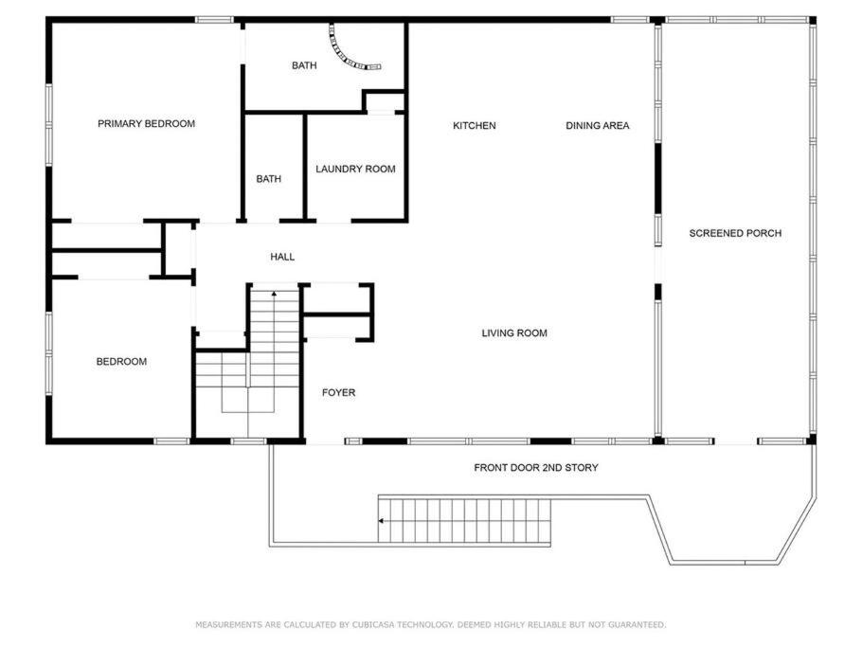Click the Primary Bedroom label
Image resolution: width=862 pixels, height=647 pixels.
click(146, 124)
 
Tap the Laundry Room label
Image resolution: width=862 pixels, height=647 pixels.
click(355, 169)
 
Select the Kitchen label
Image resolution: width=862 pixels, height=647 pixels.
click(475, 126)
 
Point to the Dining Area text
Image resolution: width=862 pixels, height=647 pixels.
click(598, 126)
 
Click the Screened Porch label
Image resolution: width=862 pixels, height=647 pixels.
click(735, 233)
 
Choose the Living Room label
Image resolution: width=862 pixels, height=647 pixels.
click(514, 332)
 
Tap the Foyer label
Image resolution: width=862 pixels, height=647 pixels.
click(339, 392)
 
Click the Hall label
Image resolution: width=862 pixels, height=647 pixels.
click(282, 257)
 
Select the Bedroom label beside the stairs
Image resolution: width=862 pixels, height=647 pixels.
click(121, 362)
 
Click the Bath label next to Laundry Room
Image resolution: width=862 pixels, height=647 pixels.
click(269, 179)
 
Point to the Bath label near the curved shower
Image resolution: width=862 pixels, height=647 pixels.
click(304, 65)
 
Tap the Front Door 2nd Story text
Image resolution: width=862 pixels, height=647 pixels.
click(536, 468)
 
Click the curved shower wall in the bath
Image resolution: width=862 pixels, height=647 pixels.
click(343, 55)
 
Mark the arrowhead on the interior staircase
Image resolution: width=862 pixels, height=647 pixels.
click(274, 294)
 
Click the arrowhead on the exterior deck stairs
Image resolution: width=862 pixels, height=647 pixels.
click(381, 521)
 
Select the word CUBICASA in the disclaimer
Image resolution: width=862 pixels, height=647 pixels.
click(373, 624)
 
